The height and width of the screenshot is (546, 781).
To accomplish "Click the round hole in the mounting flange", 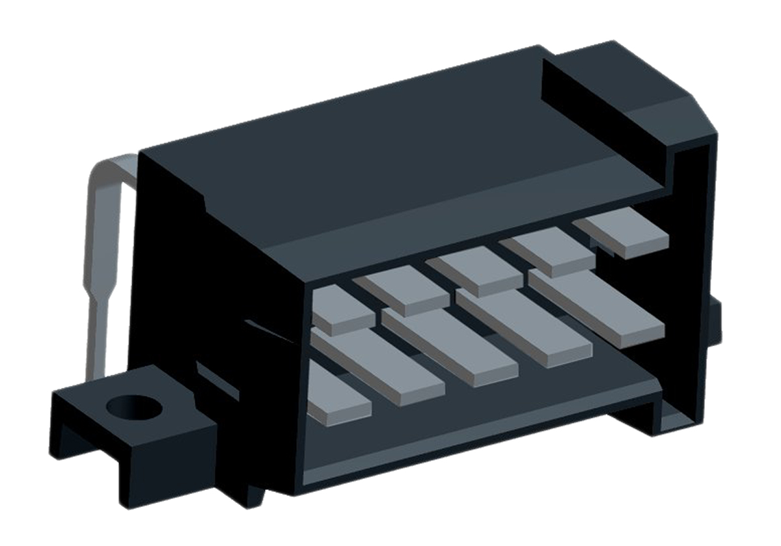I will point(133,408).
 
